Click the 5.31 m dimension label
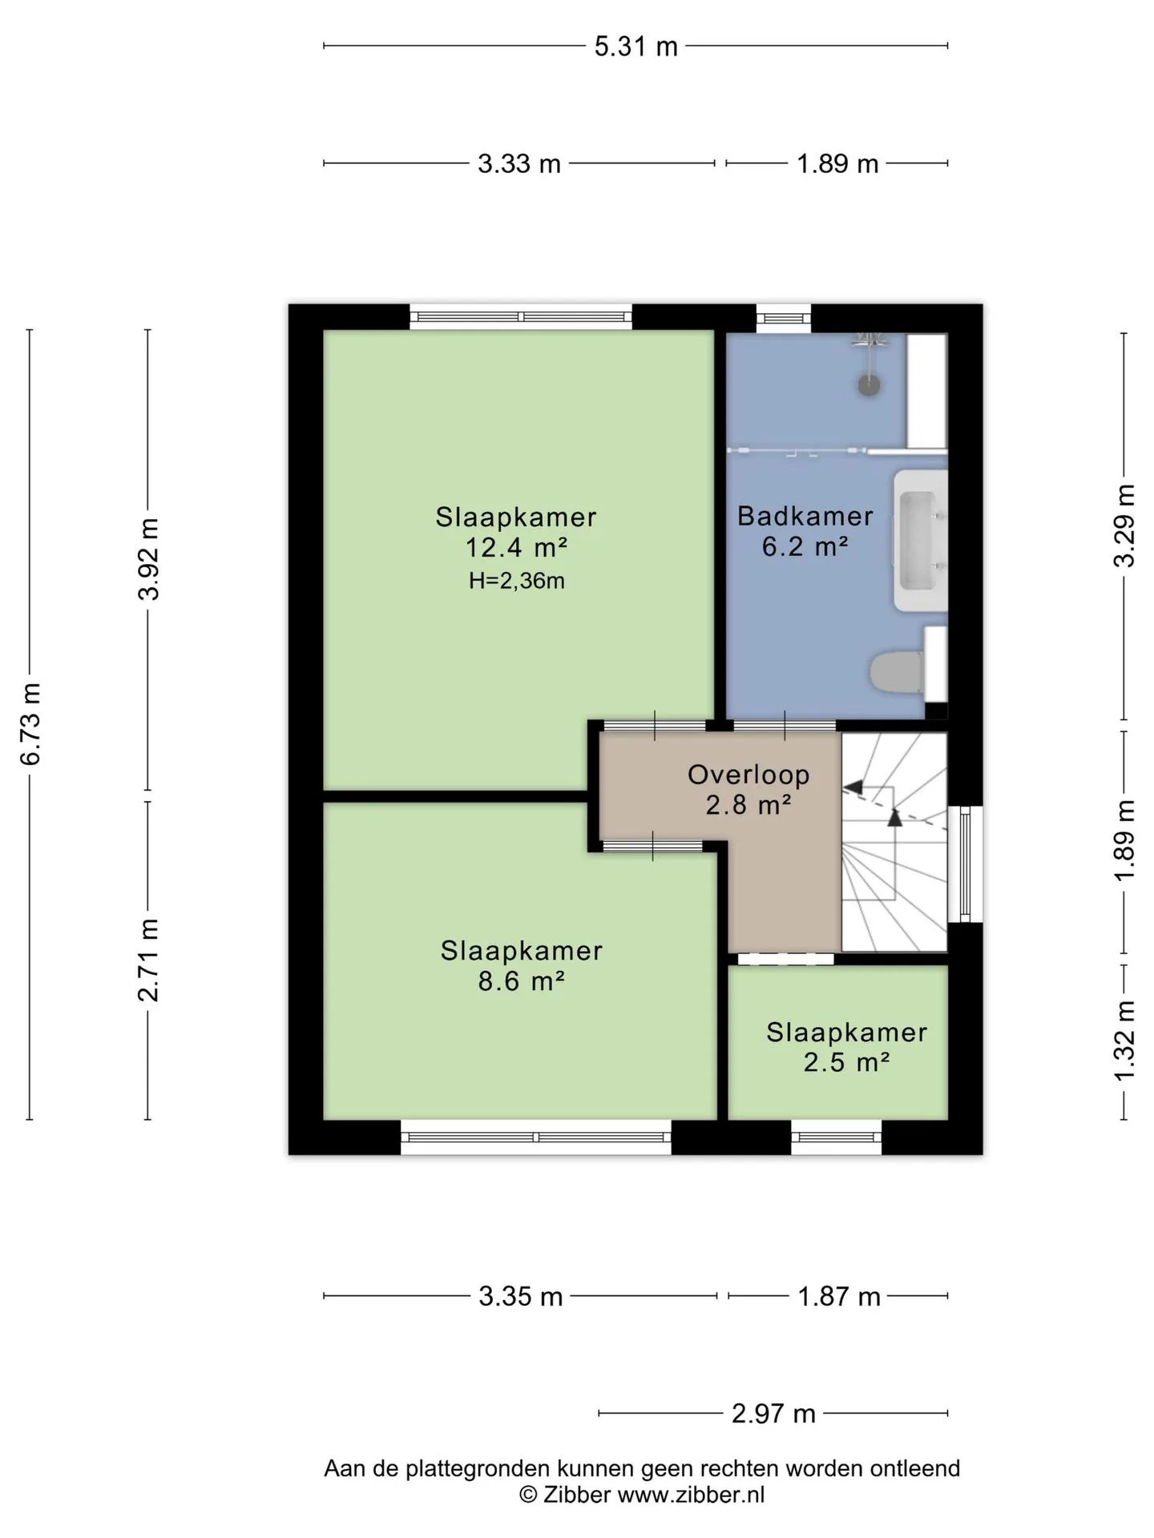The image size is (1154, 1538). click(636, 46)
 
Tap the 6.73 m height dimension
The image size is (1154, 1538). click(30, 724)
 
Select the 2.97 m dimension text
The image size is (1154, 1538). click(773, 1413)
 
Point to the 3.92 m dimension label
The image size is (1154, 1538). click(148, 559)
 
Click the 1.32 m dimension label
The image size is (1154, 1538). click(1124, 1039)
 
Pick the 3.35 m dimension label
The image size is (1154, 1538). click(521, 1295)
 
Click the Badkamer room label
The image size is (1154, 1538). click(805, 516)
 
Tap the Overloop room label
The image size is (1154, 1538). click(748, 775)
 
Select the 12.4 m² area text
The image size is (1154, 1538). click(517, 548)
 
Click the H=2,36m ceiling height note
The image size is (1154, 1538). click(517, 581)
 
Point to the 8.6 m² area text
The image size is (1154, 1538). click(522, 980)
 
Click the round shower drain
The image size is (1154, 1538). click(869, 385)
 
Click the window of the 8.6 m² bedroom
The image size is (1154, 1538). click(535, 1137)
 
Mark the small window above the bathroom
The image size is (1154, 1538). click(784, 318)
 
